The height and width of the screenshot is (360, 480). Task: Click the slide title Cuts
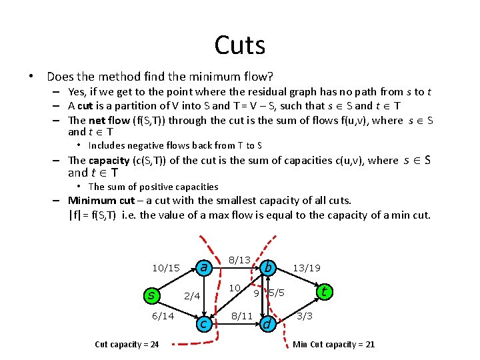[240, 45]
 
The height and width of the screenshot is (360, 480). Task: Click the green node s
[152, 294]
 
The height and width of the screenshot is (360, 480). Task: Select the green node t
[324, 291]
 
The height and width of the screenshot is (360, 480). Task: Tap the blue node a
[205, 267]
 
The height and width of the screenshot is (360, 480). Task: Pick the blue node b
[268, 267]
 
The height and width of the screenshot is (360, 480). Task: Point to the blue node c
[204, 323]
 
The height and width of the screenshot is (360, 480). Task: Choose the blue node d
[267, 324]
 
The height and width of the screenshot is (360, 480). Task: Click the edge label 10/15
[166, 268]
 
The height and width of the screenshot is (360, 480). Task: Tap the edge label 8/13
[239, 259]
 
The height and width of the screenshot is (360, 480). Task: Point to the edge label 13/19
[307, 268]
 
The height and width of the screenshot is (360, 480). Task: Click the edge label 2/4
[192, 296]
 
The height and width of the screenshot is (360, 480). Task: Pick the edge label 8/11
[241, 316]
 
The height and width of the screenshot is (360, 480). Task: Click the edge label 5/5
[277, 293]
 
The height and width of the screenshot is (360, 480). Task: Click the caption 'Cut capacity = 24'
[127, 344]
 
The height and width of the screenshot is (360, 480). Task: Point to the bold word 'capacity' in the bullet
[109, 161]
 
